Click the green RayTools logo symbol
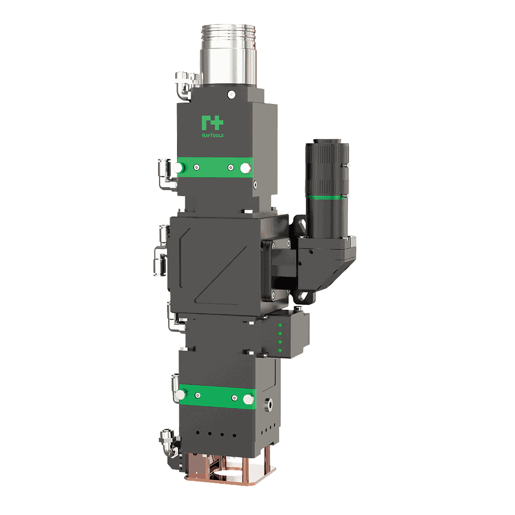(x=211, y=123)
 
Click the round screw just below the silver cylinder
(x=231, y=94)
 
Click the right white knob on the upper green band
(x=245, y=167)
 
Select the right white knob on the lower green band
(x=248, y=399)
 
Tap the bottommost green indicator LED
(x=278, y=350)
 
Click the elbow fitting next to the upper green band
(x=164, y=174)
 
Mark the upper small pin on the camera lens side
(x=347, y=164)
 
